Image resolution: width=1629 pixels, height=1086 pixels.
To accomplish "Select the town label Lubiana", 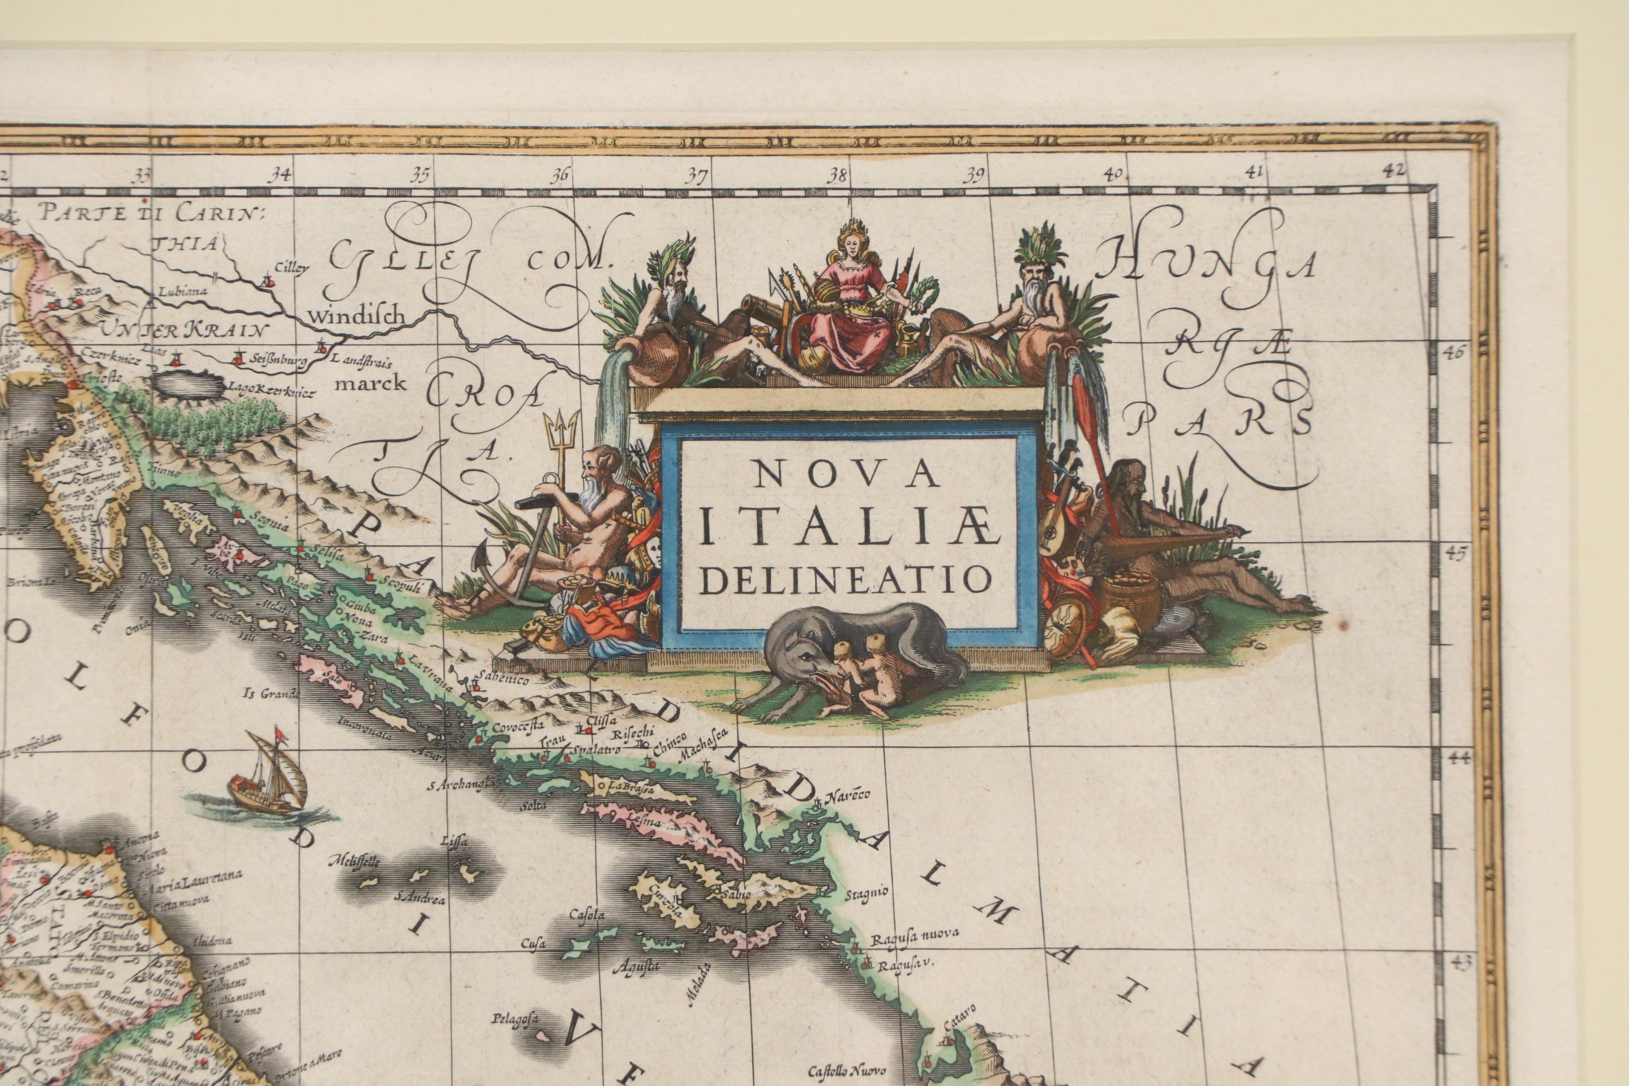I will (182, 291).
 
